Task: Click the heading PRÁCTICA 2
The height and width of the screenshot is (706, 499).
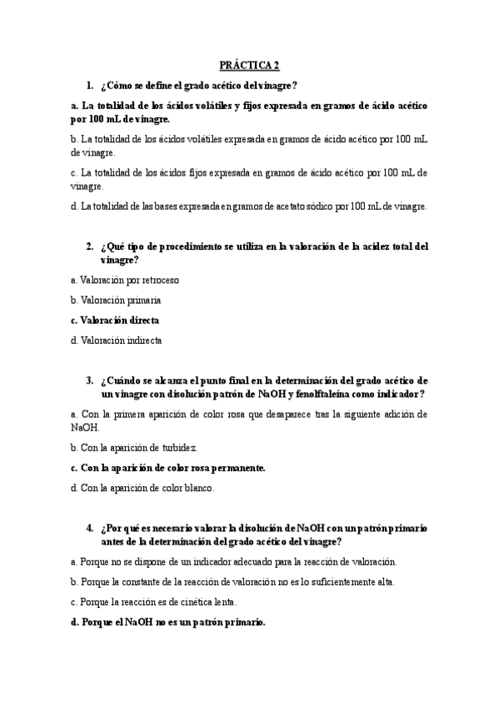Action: click(249, 64)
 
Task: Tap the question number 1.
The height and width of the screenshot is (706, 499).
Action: click(88, 85)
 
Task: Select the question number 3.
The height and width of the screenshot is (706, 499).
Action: click(88, 380)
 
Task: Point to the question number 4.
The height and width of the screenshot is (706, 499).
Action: click(88, 528)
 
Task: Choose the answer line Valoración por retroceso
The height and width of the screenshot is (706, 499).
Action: click(125, 280)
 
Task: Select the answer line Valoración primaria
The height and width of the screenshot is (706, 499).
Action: click(116, 300)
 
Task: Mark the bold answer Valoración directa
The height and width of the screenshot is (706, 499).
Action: click(115, 320)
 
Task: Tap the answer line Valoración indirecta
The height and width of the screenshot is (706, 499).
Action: click(117, 340)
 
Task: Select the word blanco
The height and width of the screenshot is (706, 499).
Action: click(194, 488)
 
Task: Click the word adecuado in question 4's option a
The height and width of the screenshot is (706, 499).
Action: click(257, 562)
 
